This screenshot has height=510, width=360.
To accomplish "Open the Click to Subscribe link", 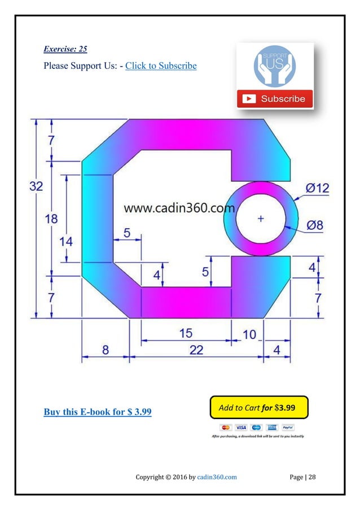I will (x=161, y=66).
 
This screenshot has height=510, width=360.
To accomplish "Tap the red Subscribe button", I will (x=275, y=99).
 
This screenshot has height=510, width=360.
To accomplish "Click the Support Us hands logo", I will (x=275, y=67).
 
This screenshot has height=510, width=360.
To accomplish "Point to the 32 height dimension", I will (x=36, y=186).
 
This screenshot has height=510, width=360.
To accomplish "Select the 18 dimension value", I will (x=51, y=219).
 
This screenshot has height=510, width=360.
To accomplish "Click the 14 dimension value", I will (x=66, y=241).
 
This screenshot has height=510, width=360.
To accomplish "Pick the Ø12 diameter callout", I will (x=317, y=189).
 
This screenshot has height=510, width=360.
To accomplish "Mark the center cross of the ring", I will (x=261, y=219).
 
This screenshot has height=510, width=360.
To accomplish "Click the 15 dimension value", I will (x=186, y=333).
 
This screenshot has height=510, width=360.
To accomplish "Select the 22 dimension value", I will (x=196, y=350).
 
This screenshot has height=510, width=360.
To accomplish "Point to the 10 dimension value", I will (x=249, y=335).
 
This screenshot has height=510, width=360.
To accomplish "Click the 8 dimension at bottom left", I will (x=106, y=350).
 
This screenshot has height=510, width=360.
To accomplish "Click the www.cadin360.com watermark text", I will (x=179, y=208).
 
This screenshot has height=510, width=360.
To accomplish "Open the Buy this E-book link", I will (x=98, y=411).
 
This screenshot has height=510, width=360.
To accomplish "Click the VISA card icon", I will (x=241, y=428).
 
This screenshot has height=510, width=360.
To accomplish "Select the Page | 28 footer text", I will (x=302, y=477).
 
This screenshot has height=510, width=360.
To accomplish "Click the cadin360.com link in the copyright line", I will (x=217, y=477).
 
